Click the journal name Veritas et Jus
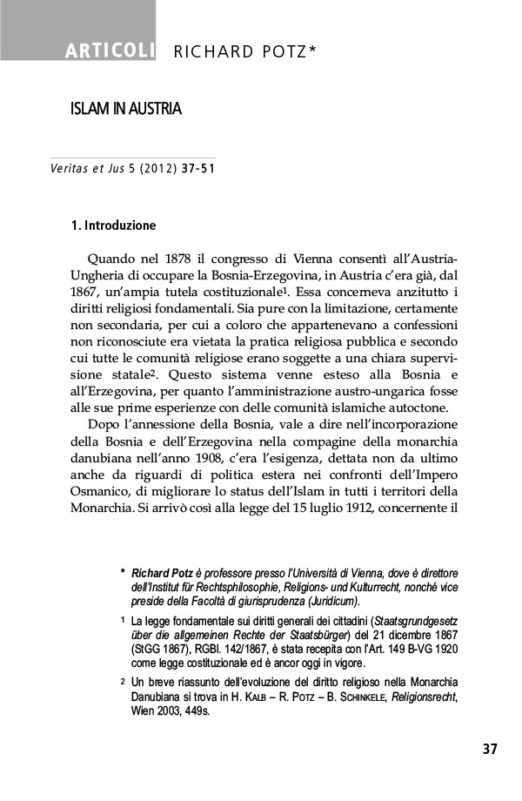tap(83, 167)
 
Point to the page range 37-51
tap(199, 167)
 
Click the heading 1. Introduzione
tap(113, 226)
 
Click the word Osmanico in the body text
tap(102, 491)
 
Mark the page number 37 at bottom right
tap(488, 749)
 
